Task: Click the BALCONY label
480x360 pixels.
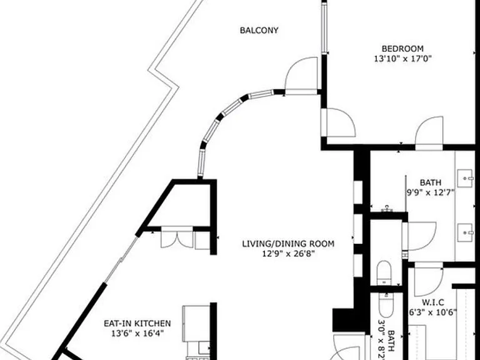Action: click(259, 30)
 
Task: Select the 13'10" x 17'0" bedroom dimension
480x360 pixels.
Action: click(402, 59)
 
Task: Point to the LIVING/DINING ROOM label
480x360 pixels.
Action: click(288, 244)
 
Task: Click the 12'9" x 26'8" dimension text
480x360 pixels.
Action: click(288, 254)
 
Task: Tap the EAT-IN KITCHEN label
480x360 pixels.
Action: click(137, 323)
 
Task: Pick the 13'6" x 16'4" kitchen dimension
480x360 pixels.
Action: click(137, 333)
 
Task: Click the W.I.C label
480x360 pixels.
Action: click(433, 302)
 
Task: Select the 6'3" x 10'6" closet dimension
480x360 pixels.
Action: click(433, 312)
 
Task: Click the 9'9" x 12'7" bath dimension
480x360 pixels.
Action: click(430, 192)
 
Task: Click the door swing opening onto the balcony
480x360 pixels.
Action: click(301, 75)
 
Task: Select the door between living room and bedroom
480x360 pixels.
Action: click(338, 122)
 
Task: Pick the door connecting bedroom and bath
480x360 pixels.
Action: click(429, 132)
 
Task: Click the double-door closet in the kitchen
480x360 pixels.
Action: click(177, 237)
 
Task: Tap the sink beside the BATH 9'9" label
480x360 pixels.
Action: click(465, 179)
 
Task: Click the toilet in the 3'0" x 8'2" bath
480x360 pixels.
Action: click(386, 305)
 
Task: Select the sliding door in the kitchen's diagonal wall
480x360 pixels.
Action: click(121, 260)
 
